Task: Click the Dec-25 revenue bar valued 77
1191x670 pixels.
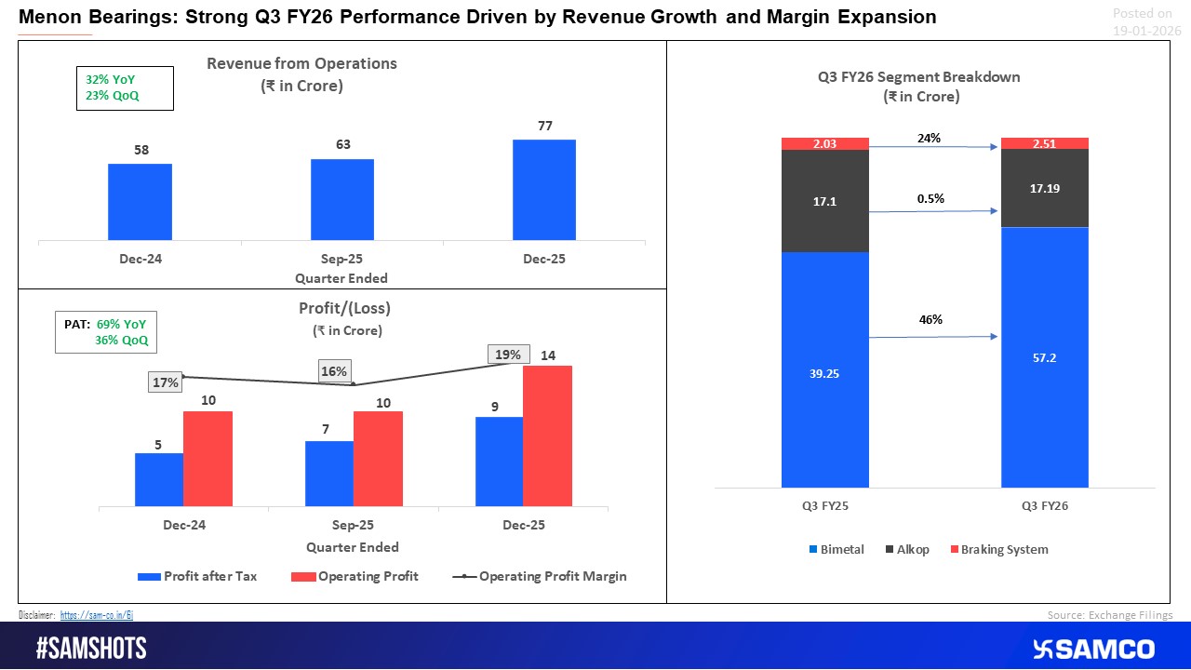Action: point(543,191)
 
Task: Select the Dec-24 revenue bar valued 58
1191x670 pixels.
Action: point(140,203)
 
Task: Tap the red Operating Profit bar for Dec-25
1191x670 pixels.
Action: point(547,436)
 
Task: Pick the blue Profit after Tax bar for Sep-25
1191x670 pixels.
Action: point(329,475)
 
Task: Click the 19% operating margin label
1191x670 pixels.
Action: point(509,355)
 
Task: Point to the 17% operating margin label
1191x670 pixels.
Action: point(165,382)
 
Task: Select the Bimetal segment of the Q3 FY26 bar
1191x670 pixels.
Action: point(1044,357)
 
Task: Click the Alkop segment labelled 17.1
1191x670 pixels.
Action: point(824,201)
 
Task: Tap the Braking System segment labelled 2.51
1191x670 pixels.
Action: point(1044,143)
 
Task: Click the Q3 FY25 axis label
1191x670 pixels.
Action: point(824,506)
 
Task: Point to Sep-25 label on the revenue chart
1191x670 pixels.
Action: point(341,259)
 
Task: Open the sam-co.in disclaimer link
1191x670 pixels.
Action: point(97,615)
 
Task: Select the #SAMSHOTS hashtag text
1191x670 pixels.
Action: point(91,649)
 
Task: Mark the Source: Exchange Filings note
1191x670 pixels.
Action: point(1109,615)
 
